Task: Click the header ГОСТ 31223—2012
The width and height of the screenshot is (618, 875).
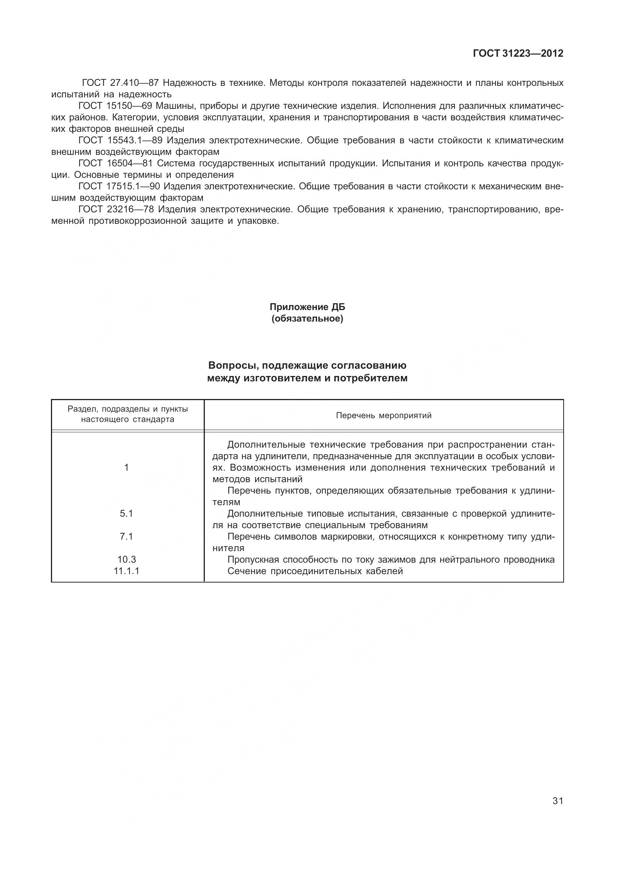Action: click(518, 54)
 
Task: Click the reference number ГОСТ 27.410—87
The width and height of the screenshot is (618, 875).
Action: click(120, 83)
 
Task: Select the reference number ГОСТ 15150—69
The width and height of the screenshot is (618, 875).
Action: click(115, 106)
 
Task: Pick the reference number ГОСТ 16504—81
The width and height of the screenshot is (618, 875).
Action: click(115, 163)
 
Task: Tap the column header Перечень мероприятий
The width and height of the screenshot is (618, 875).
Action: click(383, 415)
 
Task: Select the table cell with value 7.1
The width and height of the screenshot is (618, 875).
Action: click(126, 537)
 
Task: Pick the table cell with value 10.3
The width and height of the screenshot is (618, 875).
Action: click(126, 560)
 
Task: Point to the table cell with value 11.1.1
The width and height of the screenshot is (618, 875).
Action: click(126, 571)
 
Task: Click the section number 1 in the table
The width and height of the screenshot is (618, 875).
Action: click(126, 468)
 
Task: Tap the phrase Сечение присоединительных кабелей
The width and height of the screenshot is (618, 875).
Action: click(315, 571)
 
